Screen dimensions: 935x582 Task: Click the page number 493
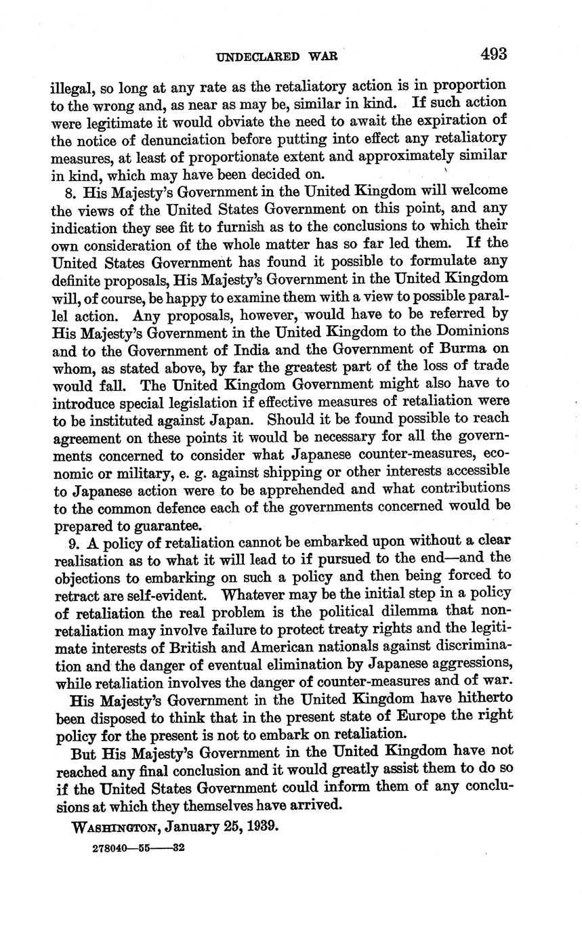coord(494,54)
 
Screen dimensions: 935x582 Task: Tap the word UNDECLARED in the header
coord(257,57)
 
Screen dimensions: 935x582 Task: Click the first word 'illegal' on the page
coord(71,87)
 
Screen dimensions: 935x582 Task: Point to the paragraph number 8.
coord(70,192)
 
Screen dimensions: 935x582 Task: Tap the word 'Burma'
coord(461,350)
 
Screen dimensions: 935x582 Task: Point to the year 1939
coord(262,827)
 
